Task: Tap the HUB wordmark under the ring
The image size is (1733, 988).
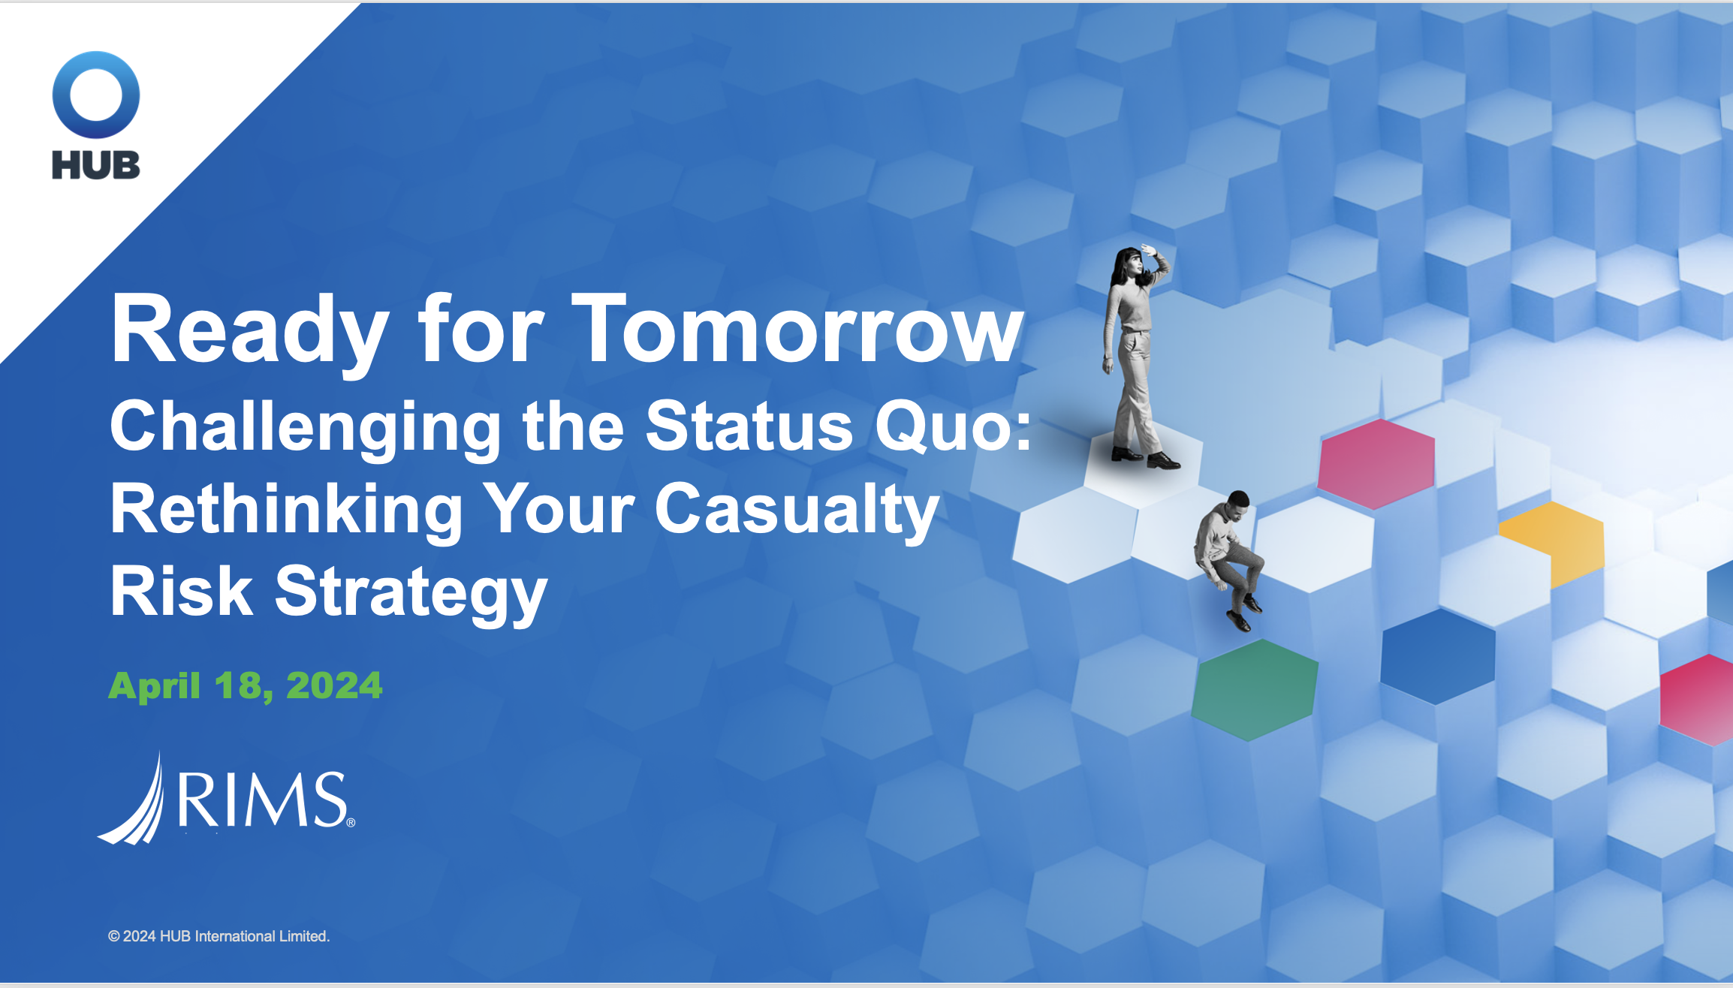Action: [96, 165]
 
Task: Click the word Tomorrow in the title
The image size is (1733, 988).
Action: [797, 329]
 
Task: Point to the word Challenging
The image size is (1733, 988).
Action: [306, 428]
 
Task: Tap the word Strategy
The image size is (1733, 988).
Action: [411, 593]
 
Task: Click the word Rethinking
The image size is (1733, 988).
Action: [287, 511]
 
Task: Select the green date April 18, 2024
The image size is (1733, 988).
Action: [246, 685]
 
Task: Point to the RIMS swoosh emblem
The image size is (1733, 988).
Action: [132, 799]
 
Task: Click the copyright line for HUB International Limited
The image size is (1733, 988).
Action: [219, 936]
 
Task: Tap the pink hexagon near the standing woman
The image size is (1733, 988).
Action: [1376, 464]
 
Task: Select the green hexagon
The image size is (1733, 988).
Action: [1255, 689]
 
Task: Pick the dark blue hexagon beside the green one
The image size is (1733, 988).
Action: [1438, 656]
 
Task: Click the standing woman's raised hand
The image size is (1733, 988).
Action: [1149, 251]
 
